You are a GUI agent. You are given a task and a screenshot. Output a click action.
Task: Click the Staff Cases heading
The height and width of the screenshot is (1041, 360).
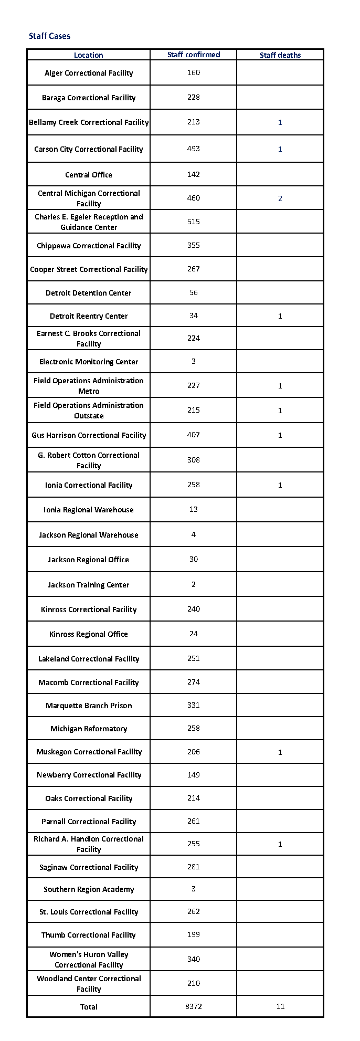[x=49, y=36]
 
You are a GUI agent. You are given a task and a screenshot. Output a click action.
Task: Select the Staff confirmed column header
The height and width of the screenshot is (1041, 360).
[x=194, y=55]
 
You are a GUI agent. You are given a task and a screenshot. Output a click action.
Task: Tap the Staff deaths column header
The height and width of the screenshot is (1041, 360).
[x=280, y=55]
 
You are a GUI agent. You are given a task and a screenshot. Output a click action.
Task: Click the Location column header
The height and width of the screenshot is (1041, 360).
[x=88, y=55]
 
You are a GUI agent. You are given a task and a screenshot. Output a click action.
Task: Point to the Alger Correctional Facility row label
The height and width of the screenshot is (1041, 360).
[x=89, y=73]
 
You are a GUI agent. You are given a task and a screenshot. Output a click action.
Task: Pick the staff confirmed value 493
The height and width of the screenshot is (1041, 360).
[x=194, y=149]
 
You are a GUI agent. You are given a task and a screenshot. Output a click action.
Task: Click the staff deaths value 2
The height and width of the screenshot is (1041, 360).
[x=280, y=198]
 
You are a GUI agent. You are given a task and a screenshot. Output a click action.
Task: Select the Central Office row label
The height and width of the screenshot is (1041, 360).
[x=89, y=175]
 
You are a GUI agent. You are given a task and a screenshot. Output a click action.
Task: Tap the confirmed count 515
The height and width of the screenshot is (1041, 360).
[x=194, y=222]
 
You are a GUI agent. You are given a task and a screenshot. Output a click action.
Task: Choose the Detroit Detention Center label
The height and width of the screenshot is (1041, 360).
[x=89, y=293]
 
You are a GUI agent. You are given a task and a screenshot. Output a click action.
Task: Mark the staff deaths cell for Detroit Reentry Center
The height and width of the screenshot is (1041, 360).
[x=280, y=316]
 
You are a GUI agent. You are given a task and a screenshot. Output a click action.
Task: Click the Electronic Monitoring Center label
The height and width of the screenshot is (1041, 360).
[x=89, y=362]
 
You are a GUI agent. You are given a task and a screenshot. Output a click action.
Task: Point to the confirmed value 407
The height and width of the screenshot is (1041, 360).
[x=194, y=435]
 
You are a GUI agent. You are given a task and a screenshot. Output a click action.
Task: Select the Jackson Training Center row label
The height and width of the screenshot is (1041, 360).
[x=89, y=585]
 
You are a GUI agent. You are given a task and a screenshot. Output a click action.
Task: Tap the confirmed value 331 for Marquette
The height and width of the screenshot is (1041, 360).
[x=194, y=705]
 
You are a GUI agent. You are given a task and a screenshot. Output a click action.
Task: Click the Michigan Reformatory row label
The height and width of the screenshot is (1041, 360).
[x=89, y=729]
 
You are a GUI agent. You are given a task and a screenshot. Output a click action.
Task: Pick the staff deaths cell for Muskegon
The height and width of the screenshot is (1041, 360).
[x=280, y=752]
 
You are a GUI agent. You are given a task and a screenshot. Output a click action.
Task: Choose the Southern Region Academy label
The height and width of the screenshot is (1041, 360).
[x=89, y=889]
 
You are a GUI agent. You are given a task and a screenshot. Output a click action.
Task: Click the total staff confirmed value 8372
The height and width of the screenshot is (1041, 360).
[x=194, y=1006]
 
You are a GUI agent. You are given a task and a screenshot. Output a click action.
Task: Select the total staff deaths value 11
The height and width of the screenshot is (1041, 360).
[x=280, y=1006]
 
